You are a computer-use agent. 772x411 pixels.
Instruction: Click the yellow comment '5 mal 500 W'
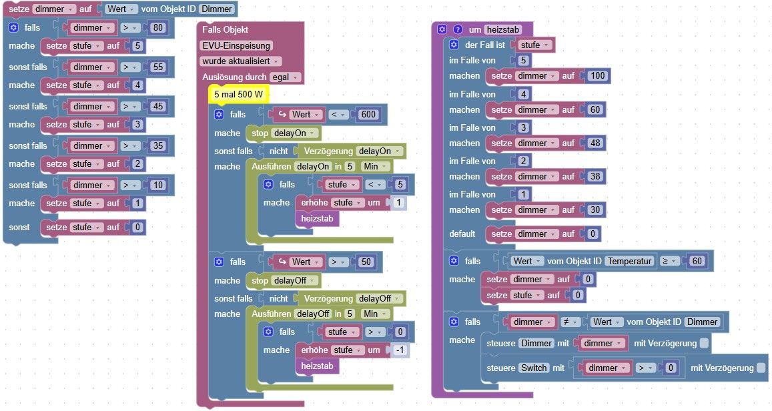pos(239,94)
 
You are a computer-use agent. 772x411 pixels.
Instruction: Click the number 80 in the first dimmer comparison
pos(157,27)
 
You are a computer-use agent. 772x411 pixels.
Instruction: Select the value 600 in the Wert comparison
pos(368,114)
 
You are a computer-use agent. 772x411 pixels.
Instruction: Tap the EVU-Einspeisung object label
pos(236,46)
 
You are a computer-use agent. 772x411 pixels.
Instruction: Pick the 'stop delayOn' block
pos(283,133)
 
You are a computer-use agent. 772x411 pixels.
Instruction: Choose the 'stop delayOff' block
pos(283,281)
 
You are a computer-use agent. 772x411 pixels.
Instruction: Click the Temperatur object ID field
pos(630,261)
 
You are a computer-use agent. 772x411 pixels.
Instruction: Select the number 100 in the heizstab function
pos(598,76)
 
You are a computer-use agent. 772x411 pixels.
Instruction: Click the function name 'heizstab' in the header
pos(503,29)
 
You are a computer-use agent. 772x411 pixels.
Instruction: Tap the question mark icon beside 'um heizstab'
pos(457,29)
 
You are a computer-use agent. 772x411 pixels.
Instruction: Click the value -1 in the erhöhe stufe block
pos(400,350)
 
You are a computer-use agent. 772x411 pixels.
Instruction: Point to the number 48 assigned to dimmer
pos(595,143)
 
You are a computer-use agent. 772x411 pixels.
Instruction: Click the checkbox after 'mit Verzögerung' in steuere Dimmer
pos(705,343)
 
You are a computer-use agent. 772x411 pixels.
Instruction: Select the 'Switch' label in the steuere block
pos(534,368)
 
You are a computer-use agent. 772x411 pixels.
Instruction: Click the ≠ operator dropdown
pos(570,322)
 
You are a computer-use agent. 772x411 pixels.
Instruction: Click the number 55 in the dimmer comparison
pos(157,67)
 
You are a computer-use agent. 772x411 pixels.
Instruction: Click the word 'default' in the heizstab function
pos(462,234)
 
